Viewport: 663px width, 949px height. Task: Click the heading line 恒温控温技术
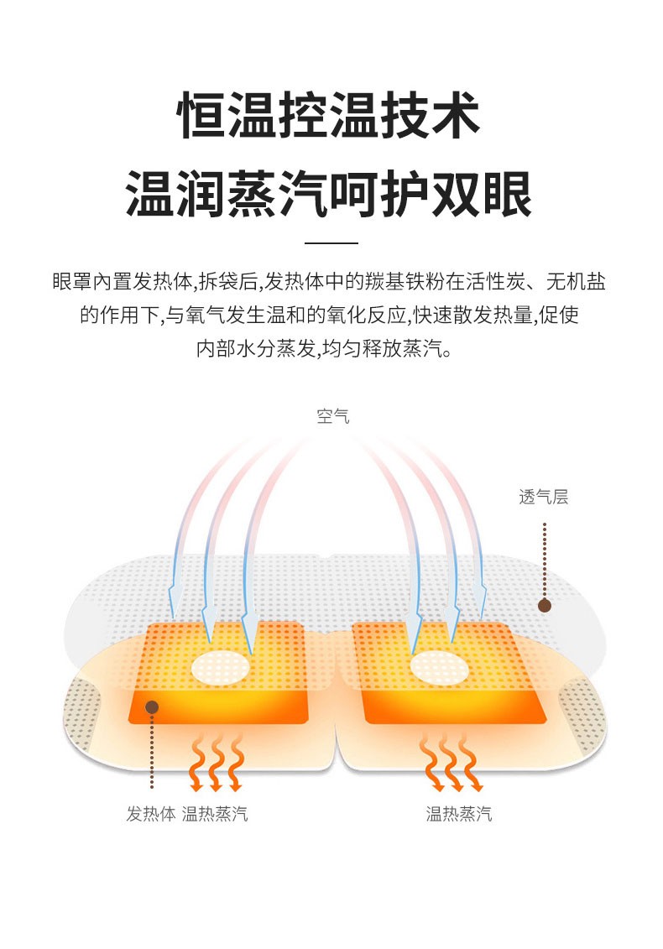[331, 117]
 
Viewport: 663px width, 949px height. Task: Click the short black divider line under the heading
[331, 242]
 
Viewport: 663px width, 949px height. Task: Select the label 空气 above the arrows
[332, 415]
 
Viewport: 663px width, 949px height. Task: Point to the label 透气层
[544, 497]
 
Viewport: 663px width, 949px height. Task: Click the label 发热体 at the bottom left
[150, 814]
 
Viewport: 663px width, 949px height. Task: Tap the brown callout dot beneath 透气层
[545, 605]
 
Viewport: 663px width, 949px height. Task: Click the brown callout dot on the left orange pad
[152, 707]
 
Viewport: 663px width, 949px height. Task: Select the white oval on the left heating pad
[221, 668]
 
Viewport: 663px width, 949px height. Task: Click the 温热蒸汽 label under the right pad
[458, 814]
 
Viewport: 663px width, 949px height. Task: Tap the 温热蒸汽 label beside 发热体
[215, 814]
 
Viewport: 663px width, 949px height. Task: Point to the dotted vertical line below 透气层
[545, 558]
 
